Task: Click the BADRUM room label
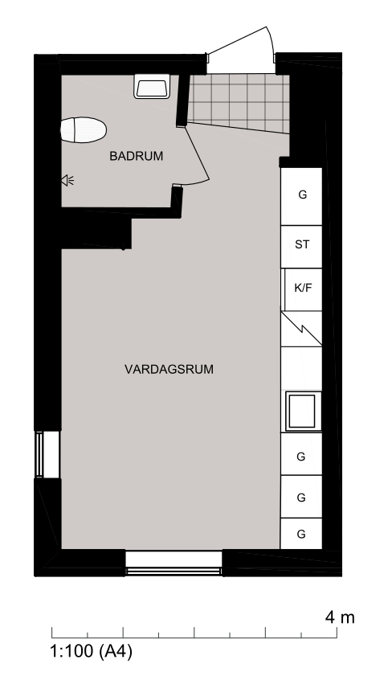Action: point(136,156)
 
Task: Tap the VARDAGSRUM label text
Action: point(169,370)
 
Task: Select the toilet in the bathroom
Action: point(83,129)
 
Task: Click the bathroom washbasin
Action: point(152,86)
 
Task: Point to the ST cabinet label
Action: point(302,244)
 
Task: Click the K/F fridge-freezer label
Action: point(302,288)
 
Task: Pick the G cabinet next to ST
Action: point(302,195)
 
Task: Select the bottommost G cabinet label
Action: point(301,535)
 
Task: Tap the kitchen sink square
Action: point(304,412)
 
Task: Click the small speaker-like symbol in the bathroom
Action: point(67,181)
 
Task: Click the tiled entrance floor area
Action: point(239,103)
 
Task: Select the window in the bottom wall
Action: point(174,563)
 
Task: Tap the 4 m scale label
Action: point(340,618)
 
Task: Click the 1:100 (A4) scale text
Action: point(92,650)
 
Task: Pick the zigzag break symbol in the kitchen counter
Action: point(301,329)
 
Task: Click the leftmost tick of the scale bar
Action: point(52,633)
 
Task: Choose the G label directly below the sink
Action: point(301,456)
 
